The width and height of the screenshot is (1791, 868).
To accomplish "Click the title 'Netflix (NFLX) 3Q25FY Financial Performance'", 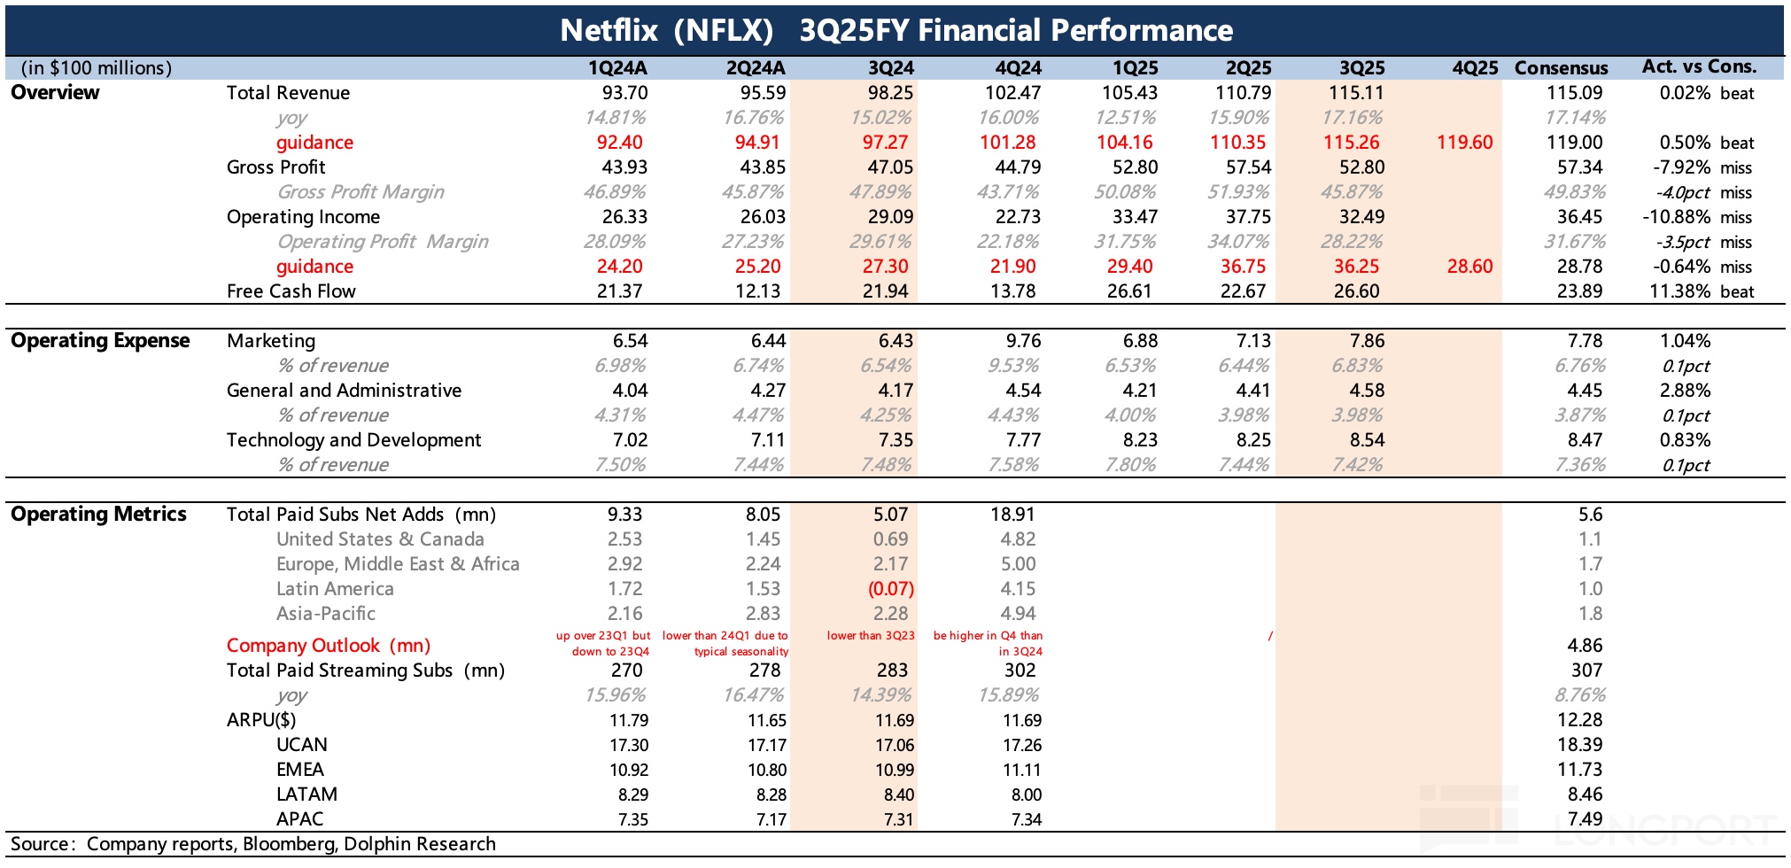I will [x=895, y=30].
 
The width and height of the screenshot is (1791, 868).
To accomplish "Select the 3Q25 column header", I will [x=1361, y=68].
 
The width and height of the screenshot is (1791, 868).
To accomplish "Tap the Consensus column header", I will [x=1561, y=68].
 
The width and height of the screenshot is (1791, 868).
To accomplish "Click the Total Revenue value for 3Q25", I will [x=1356, y=93].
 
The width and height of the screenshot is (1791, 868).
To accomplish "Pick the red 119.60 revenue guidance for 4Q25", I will [x=1464, y=143].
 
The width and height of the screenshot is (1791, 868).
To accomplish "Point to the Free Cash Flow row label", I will [x=291, y=291].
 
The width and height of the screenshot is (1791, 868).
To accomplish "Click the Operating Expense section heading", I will [x=100, y=341].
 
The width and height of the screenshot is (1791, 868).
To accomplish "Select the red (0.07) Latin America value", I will [x=890, y=589].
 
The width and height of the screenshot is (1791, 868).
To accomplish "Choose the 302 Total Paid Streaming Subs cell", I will [x=1020, y=670].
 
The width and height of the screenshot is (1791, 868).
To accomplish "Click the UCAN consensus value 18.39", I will [x=1579, y=745].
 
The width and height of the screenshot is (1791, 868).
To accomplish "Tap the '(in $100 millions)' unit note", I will [x=97, y=68].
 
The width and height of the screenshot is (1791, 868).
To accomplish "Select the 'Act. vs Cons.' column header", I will [x=1699, y=67].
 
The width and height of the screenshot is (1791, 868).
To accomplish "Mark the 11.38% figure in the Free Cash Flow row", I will [x=1679, y=291].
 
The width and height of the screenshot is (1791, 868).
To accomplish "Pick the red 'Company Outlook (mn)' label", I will [x=329, y=646].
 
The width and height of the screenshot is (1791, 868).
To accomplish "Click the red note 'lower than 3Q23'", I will [x=870, y=636].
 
